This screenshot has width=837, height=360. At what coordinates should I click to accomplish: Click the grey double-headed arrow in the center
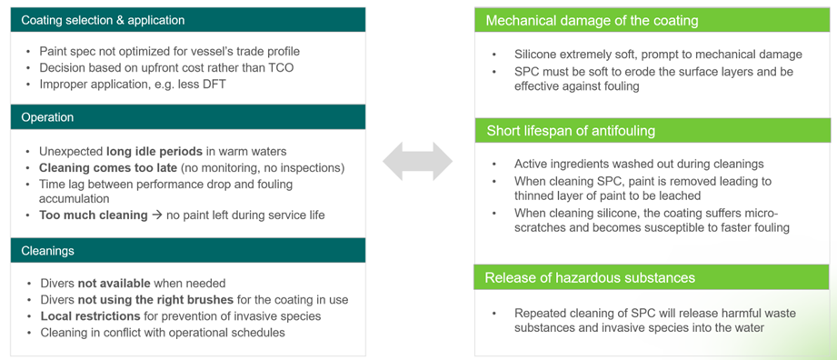[417, 161]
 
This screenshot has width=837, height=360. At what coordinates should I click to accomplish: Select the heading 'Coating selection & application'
[103, 20]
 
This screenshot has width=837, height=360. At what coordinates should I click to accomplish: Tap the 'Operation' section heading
[47, 117]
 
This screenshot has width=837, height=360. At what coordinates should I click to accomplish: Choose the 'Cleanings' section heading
[47, 250]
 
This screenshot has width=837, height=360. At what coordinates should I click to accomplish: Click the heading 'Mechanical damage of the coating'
[592, 21]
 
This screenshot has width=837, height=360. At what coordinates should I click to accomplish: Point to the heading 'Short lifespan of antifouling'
[571, 130]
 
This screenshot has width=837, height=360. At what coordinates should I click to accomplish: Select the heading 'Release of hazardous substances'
[590, 277]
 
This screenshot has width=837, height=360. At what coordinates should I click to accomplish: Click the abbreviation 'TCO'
[282, 67]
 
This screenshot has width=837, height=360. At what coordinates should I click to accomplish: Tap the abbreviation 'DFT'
[214, 84]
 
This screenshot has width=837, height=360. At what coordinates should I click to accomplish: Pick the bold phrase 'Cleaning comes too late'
[108, 167]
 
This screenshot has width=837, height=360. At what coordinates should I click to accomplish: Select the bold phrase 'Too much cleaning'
[94, 215]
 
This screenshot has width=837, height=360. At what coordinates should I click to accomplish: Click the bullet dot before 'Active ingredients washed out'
[494, 165]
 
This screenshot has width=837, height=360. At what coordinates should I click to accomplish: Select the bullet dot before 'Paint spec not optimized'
[28, 52]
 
